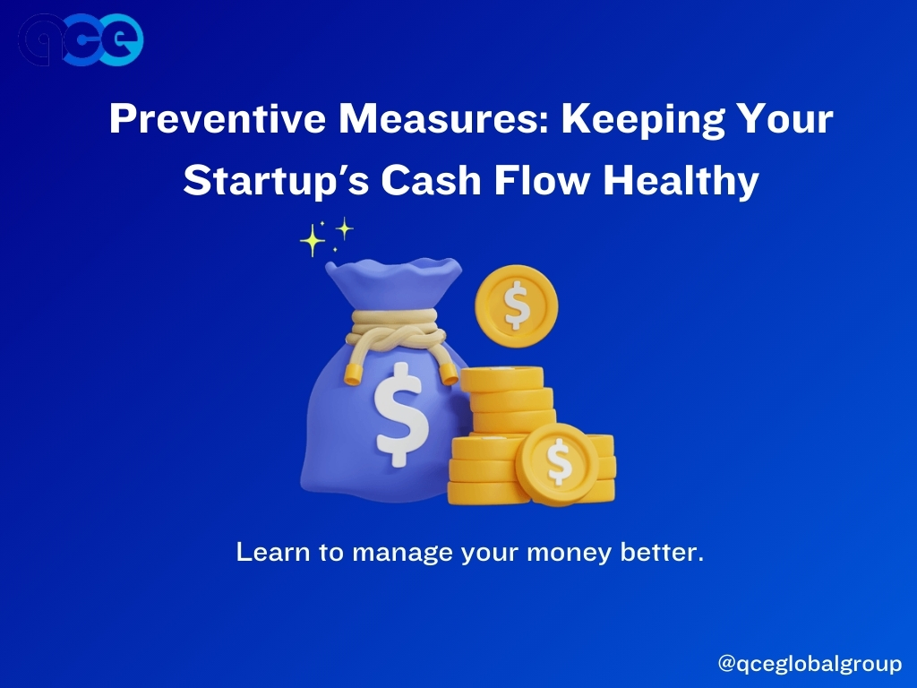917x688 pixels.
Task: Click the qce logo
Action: tap(81, 39)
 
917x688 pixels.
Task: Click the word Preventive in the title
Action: tap(217, 119)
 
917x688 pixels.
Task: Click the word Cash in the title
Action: tap(431, 180)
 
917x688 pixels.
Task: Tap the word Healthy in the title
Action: tap(681, 181)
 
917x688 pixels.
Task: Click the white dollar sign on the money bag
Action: tap(400, 414)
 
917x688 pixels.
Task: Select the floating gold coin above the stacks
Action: tap(517, 306)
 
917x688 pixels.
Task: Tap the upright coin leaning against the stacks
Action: tap(557, 465)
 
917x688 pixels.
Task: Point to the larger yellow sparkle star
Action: tap(313, 240)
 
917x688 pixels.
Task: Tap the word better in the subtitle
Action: tap(662, 552)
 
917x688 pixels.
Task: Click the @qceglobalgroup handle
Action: tap(810, 664)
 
